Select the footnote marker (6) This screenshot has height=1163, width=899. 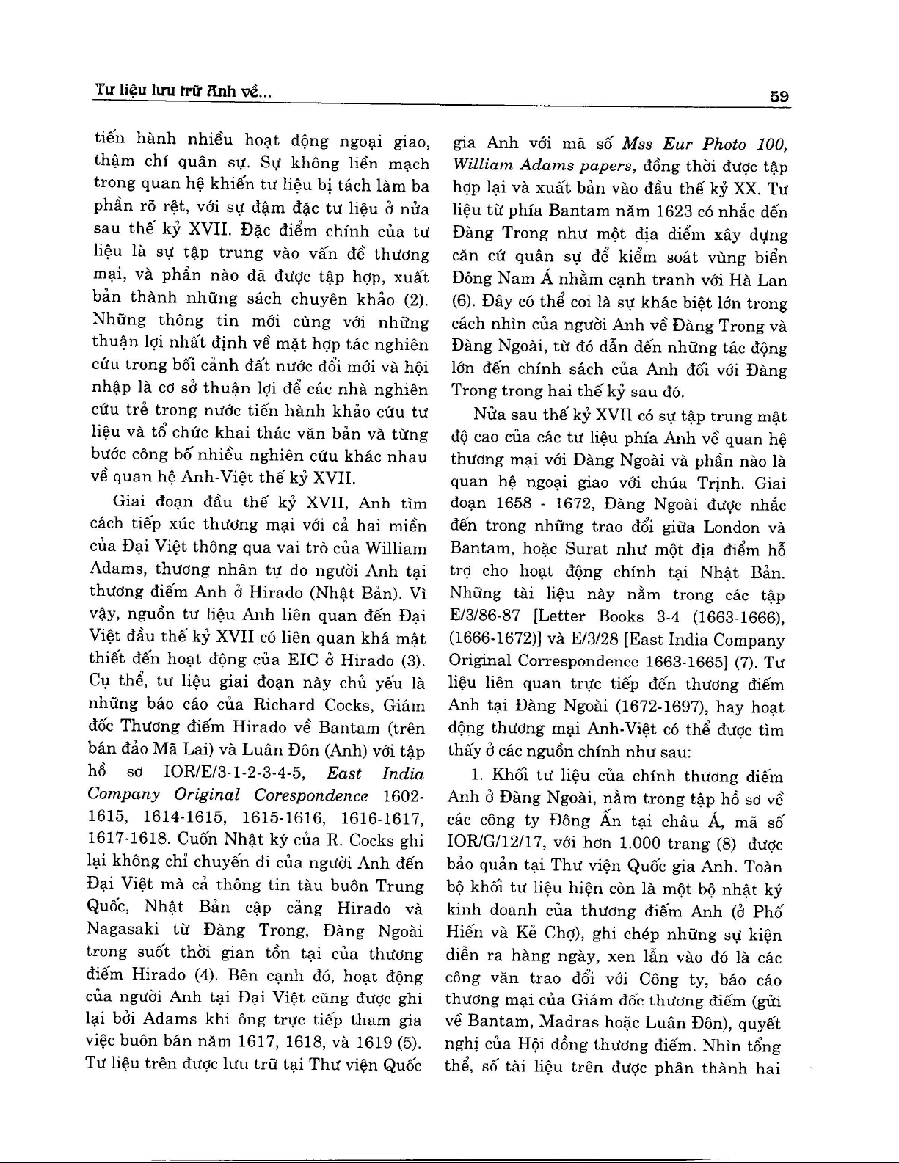pyautogui.click(x=460, y=303)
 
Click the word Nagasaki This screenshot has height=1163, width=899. pyautogui.click(x=122, y=930)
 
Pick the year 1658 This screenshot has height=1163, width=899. pyautogui.click(x=513, y=505)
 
